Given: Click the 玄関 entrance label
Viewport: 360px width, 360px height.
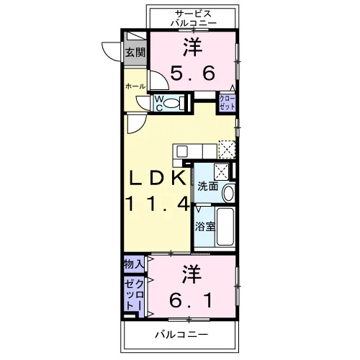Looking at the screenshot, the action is [x=135, y=53].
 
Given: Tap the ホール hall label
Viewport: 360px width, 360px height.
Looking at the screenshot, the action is [x=135, y=86].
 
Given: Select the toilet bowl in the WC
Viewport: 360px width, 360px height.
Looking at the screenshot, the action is [x=172, y=103].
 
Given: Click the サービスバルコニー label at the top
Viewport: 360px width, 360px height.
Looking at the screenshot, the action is [x=194, y=18].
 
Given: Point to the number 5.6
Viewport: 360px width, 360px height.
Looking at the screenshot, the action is [x=193, y=73].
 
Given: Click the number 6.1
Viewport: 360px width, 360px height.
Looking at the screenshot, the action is [x=191, y=301].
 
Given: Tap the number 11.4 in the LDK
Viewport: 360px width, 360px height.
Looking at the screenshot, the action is [x=158, y=204].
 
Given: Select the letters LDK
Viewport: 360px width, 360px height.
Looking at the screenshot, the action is [x=158, y=178].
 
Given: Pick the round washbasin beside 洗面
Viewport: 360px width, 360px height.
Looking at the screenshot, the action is [x=228, y=193].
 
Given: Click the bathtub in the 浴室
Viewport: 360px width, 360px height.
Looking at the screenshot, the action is [x=225, y=227].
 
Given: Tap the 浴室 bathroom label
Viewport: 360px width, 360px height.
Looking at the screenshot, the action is [x=204, y=226].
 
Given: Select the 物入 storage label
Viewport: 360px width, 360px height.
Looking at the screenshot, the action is [x=134, y=264].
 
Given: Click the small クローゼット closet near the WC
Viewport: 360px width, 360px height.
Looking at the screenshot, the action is [x=227, y=102].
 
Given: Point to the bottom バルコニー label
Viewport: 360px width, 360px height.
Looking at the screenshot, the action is [x=181, y=334].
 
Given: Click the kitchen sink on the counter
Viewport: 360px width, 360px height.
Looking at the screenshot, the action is [x=182, y=151].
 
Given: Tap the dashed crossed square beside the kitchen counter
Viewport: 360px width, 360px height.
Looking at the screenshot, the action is [x=227, y=150].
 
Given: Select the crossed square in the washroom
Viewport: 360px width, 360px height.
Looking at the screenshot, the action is [x=222, y=171].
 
